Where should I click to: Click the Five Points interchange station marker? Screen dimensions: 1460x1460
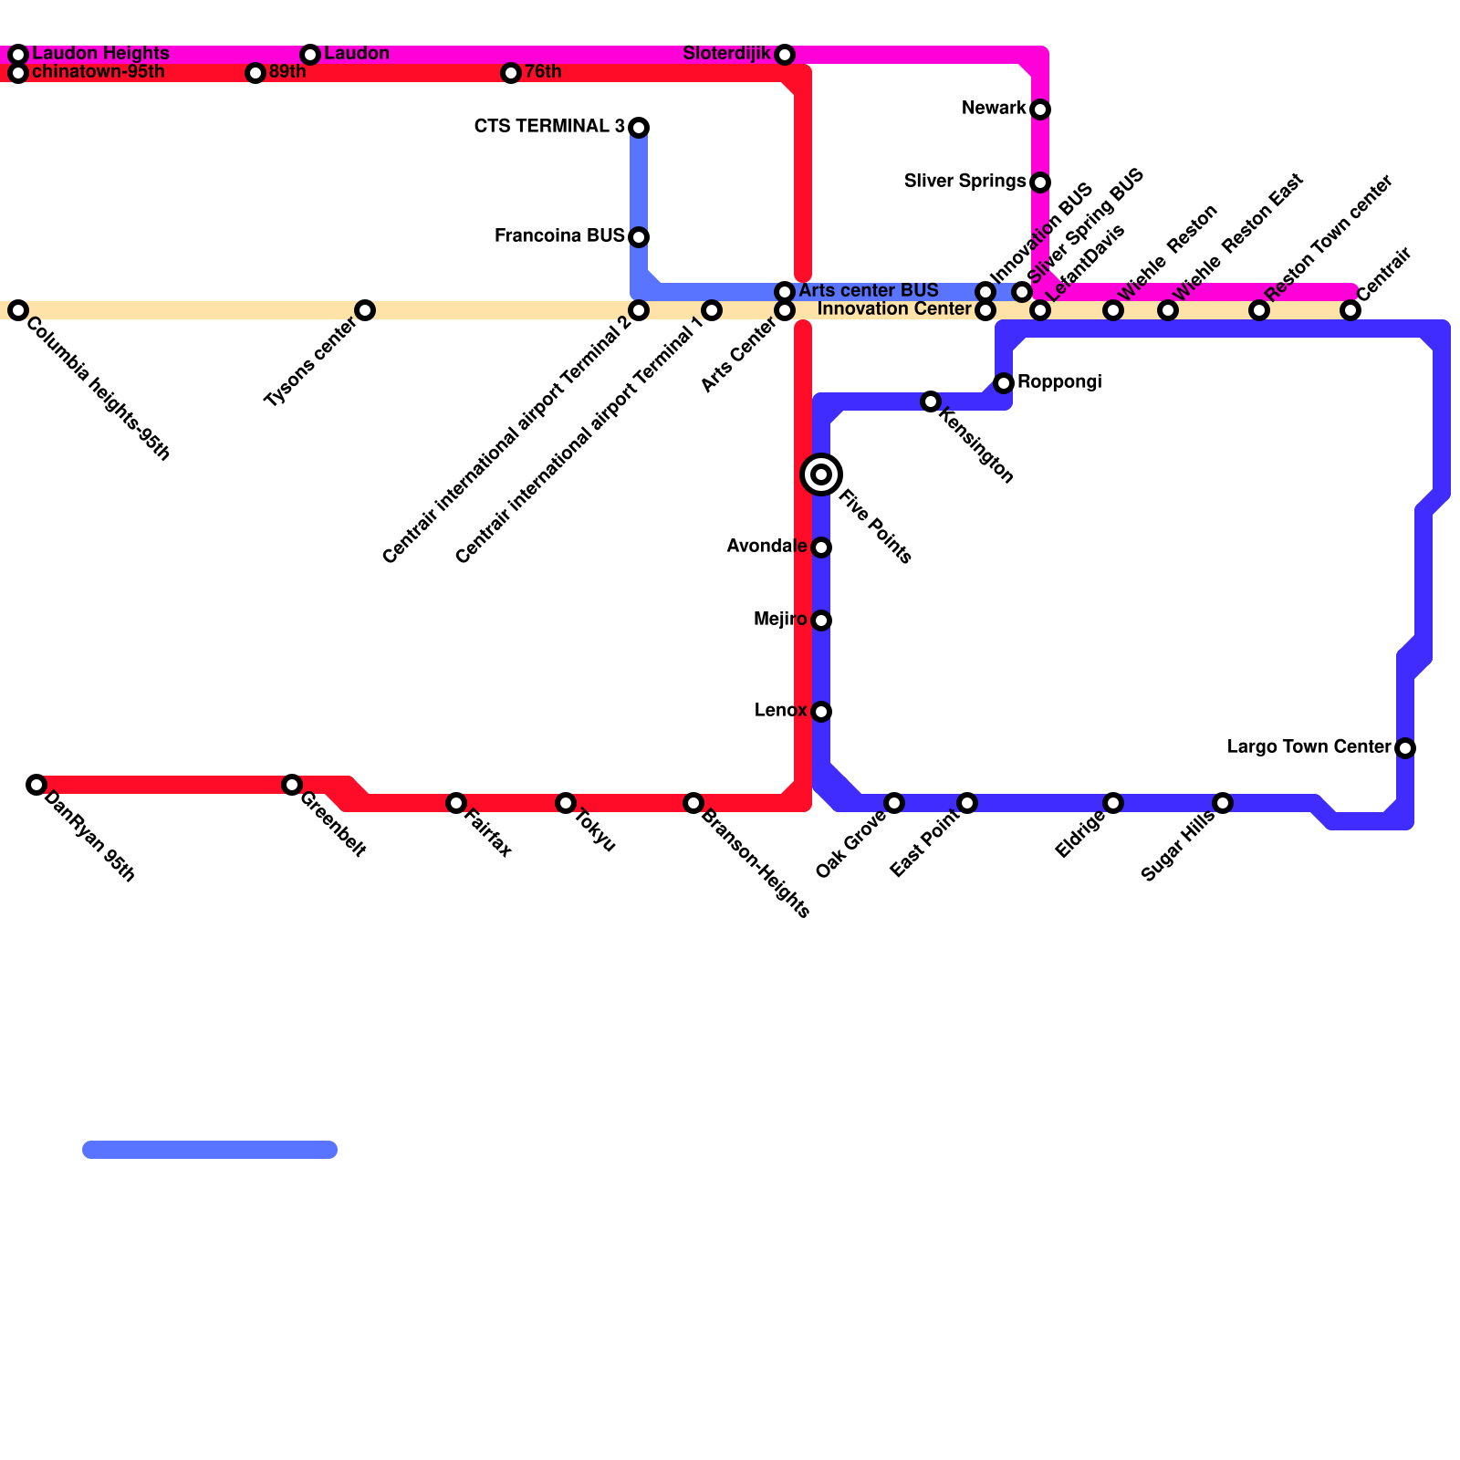pos(821,474)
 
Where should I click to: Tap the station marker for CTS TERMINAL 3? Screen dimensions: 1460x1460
pos(639,128)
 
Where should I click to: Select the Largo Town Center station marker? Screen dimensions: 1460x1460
pos(1405,748)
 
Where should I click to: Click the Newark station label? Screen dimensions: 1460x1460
pos(994,109)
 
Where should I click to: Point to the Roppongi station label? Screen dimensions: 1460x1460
pos(1059,381)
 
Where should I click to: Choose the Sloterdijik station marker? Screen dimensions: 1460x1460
pos(785,55)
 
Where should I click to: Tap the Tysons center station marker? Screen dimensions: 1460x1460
pos(365,310)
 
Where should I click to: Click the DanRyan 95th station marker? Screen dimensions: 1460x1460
pos(36,785)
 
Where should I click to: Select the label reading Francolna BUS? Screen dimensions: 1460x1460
pos(559,236)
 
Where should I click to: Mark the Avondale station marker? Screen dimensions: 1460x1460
pos(821,547)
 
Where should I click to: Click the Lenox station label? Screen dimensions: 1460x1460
pos(780,711)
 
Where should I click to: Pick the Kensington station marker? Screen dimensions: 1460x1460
pos(931,401)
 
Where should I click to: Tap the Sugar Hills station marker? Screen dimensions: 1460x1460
pos(1223,803)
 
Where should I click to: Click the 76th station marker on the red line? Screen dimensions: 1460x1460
pos(511,73)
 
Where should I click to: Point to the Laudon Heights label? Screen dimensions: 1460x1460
pos(100,53)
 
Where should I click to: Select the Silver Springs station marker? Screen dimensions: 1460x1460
pos(1040,182)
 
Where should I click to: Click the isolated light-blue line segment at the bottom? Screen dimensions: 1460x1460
pos(210,1150)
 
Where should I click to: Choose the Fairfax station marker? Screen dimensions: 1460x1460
pos(456,803)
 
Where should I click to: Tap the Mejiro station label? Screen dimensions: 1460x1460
pos(780,620)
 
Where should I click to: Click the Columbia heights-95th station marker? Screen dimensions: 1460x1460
pos(18,310)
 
